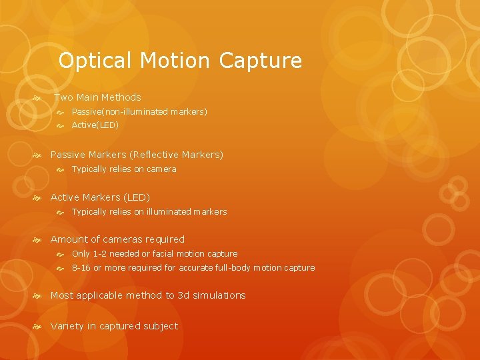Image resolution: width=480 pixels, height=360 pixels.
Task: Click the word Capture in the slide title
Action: pos(260,61)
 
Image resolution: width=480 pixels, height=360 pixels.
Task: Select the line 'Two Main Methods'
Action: pos(97,97)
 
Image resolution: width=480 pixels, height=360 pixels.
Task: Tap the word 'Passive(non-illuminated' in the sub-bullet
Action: pos(110,112)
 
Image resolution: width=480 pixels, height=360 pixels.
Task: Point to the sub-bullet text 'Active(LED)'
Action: pos(95,125)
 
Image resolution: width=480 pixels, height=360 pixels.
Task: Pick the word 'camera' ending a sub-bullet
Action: pos(161,169)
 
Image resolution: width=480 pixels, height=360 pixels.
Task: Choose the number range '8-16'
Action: pos(81,268)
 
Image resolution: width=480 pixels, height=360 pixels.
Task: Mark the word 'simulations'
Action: pos(219,295)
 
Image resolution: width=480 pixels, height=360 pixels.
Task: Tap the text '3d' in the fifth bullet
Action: pos(183,295)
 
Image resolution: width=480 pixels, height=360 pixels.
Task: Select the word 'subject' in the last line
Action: pos(161,326)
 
